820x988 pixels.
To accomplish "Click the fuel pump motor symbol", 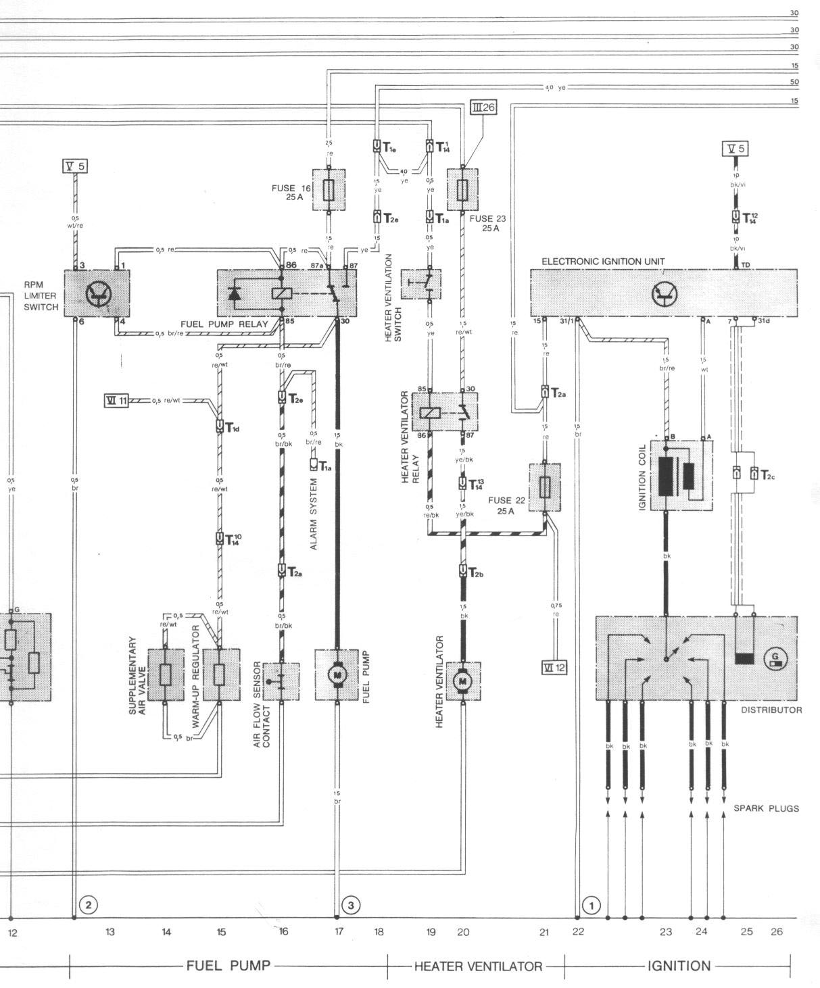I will coord(337,674).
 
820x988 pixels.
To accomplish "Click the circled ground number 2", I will coord(89,904).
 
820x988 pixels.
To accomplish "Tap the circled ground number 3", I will coord(351,904).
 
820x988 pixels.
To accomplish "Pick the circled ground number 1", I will coord(592,904).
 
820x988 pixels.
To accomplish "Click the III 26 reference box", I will coord(484,107).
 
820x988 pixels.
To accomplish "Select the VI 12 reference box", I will coord(554,668).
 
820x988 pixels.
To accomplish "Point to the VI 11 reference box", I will coord(116,400).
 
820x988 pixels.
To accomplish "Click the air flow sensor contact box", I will coord(281,681).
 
